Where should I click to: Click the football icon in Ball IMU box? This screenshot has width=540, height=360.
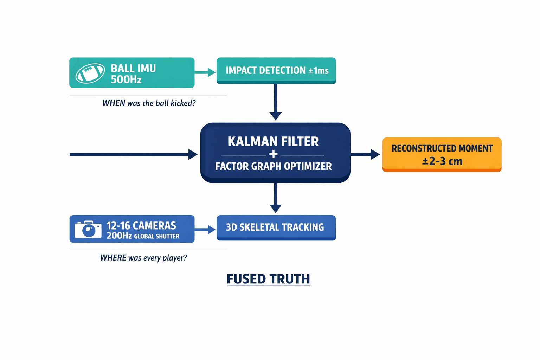point(90,73)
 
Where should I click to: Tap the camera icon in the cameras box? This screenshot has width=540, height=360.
point(88,229)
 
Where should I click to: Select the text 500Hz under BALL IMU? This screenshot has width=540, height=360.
point(126,80)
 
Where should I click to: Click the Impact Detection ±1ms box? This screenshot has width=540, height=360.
point(276,70)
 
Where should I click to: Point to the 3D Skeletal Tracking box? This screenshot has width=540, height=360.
point(276,227)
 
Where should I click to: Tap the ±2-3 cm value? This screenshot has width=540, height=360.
point(442,161)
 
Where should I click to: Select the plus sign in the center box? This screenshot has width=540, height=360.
point(273,154)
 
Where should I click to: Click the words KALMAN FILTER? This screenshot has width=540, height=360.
point(273,141)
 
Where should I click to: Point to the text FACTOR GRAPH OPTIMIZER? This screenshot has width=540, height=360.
point(273,166)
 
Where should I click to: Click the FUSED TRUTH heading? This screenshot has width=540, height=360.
point(268,279)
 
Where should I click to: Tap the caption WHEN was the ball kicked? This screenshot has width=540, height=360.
point(149,103)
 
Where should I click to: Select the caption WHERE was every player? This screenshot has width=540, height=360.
point(143,258)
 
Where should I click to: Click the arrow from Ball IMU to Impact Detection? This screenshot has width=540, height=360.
point(205,72)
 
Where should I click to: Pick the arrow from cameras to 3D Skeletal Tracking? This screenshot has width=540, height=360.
point(205,230)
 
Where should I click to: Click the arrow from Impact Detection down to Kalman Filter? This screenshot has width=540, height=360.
point(276,102)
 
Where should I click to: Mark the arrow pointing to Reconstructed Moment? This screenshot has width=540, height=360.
point(365,154)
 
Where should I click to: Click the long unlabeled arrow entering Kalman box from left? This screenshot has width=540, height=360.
point(134,154)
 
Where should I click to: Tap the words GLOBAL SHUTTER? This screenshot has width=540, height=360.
point(156,237)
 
